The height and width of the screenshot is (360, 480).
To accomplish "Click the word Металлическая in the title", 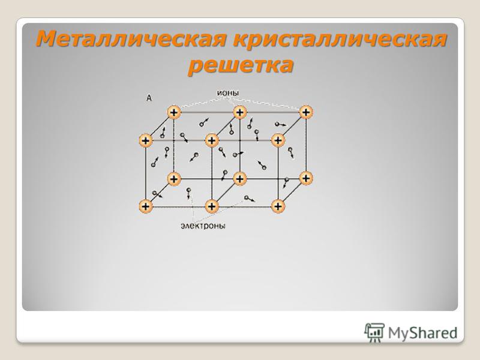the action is pos(131,39).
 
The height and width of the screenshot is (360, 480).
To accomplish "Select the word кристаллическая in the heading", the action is pos(340,39).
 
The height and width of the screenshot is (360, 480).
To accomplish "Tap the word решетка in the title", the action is pos(241,65).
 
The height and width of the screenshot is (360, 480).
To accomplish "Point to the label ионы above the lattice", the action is pos(228,93).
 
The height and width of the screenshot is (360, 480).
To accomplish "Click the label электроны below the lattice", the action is pos(203,226).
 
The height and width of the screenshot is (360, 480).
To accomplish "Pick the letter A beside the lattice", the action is pos(149,98).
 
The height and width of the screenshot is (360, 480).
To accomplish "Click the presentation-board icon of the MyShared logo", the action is pos(374,332).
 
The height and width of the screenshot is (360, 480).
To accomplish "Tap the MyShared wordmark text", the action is pos(423,333).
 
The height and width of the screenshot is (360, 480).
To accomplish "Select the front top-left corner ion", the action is pos(145,140).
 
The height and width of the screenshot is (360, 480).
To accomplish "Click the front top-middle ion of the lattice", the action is pos(212,140).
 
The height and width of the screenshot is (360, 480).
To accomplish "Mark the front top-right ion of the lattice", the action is pos(278,140).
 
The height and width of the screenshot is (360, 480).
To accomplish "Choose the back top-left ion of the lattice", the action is pos(174,112).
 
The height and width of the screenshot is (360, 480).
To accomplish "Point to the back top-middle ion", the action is pos(239,112).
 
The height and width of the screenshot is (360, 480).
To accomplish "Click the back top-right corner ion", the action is pos(306,112).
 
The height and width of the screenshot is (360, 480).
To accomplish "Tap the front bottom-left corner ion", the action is pos(145,206).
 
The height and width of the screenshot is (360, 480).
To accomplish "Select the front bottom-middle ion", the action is pos(212,206).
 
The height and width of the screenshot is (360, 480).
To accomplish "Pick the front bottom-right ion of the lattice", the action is pos(278,206).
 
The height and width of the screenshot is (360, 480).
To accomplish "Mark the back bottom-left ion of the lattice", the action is pos(174,178).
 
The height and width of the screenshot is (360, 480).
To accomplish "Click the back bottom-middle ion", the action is pos(239,178).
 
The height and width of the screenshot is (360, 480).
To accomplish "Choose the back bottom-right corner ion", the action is pos(306,178).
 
